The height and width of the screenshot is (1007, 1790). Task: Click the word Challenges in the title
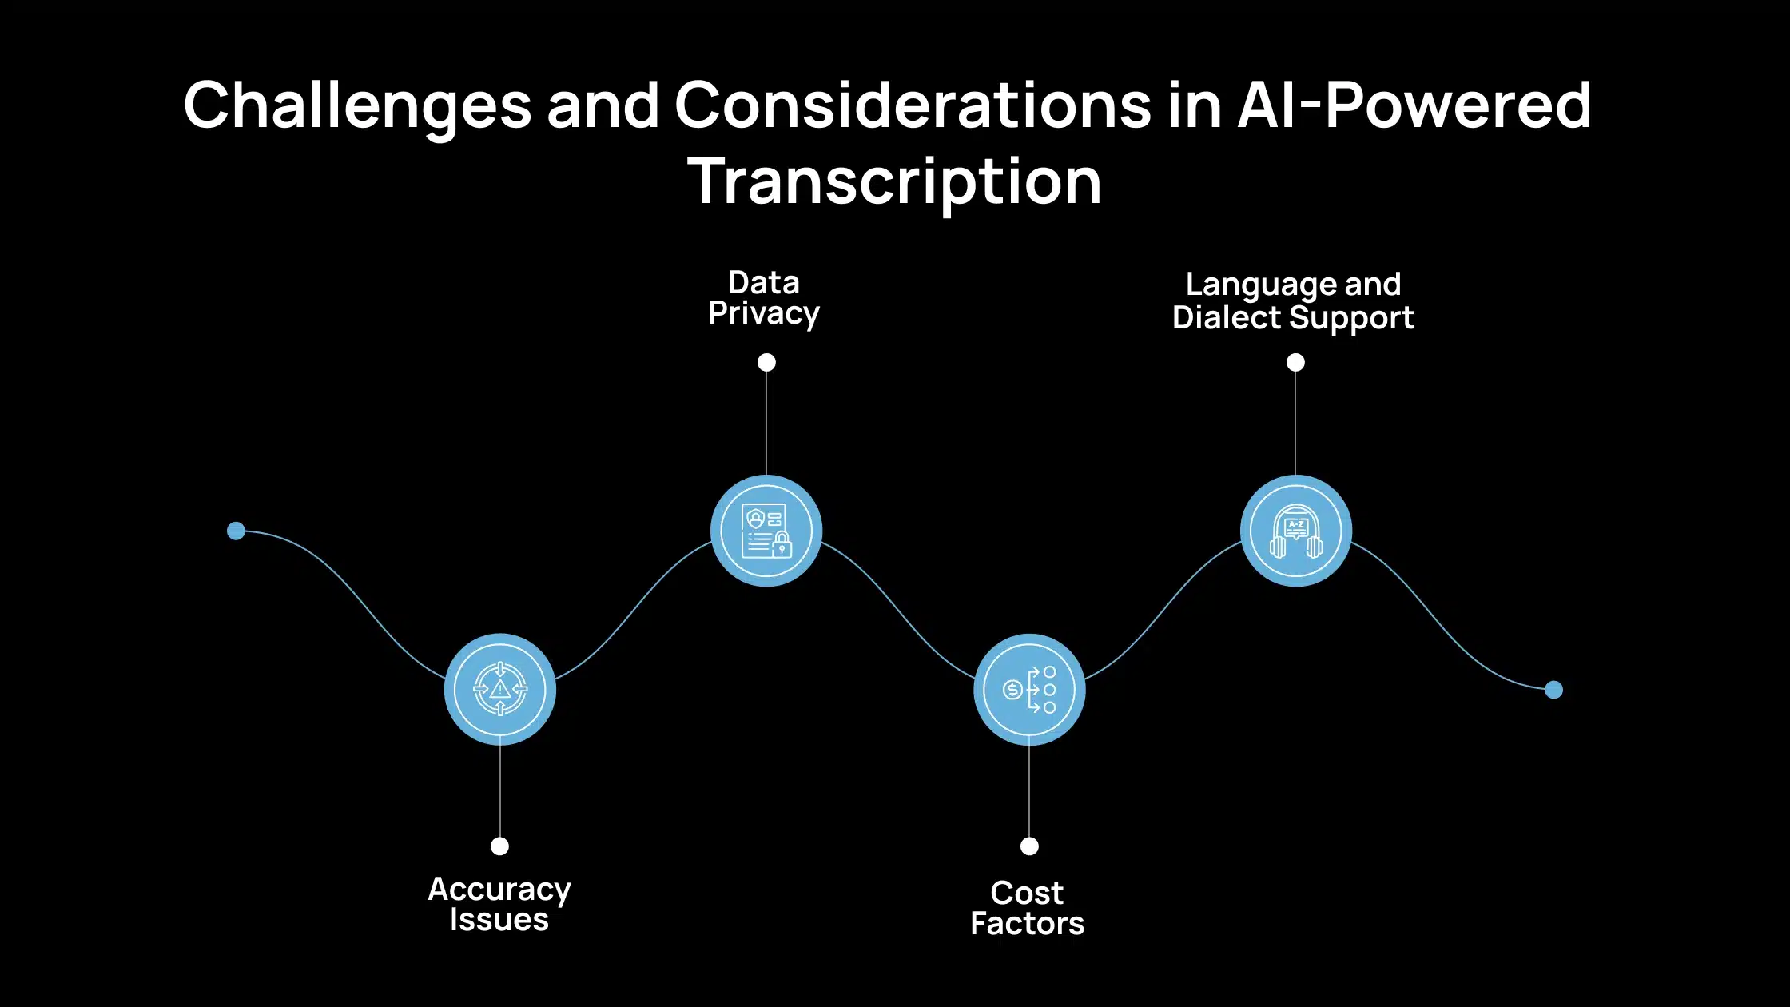(x=357, y=106)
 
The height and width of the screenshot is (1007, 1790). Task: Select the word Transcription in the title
(x=895, y=181)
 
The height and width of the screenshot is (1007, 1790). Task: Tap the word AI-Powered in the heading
(x=1414, y=105)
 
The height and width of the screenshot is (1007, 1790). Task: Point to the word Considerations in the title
(x=913, y=105)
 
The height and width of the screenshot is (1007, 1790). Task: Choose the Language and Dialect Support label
(x=1293, y=301)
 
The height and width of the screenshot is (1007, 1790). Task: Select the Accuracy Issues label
(x=499, y=905)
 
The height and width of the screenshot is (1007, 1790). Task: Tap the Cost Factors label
(x=1028, y=908)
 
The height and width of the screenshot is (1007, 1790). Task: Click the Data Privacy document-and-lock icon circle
(x=766, y=531)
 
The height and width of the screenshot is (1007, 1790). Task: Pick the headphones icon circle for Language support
(x=1296, y=531)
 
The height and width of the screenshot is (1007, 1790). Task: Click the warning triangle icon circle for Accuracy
(x=500, y=689)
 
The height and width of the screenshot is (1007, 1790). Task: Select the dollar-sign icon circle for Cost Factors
(x=1029, y=689)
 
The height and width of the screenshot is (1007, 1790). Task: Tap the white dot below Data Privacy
(x=766, y=363)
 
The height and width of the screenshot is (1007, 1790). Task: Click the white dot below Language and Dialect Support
(x=1295, y=363)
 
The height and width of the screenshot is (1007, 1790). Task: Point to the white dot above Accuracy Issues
(x=499, y=846)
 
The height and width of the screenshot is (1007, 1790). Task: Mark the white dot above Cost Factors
(x=1029, y=846)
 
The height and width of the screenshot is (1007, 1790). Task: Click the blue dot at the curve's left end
(x=236, y=531)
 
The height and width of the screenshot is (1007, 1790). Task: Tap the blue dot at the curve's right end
(x=1553, y=690)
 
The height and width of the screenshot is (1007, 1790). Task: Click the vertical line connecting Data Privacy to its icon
(x=766, y=424)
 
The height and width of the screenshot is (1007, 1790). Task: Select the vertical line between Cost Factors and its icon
(x=1029, y=791)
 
